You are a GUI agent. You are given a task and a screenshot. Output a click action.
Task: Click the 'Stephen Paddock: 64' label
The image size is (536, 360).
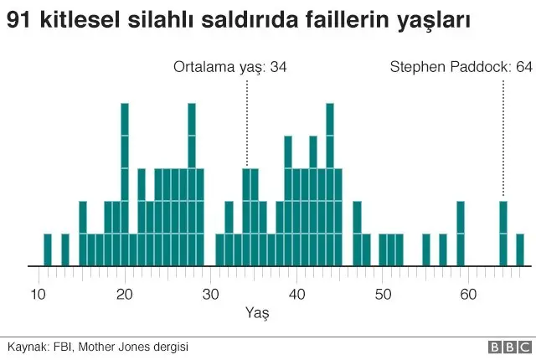click(461, 67)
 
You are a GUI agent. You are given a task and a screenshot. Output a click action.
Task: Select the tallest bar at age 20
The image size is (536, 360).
click(125, 184)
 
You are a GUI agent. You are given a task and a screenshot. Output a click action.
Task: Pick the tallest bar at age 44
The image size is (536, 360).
click(330, 184)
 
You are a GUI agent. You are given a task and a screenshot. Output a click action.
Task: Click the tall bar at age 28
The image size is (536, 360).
click(192, 184)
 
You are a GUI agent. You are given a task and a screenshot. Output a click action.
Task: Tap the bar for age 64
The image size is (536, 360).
click(503, 234)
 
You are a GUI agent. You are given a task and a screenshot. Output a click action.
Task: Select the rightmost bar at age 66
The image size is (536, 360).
click(520, 249)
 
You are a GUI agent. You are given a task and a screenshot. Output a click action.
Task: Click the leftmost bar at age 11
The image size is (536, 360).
click(48, 249)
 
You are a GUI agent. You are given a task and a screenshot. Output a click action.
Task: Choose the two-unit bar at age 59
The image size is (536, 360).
click(461, 234)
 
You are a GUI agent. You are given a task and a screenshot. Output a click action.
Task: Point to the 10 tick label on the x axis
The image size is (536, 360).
click(39, 294)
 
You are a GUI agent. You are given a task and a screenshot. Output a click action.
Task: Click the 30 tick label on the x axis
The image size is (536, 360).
click(210, 294)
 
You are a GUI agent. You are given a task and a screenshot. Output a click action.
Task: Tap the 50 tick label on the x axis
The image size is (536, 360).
click(383, 294)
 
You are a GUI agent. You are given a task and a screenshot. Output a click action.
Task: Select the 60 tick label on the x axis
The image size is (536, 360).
click(469, 294)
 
